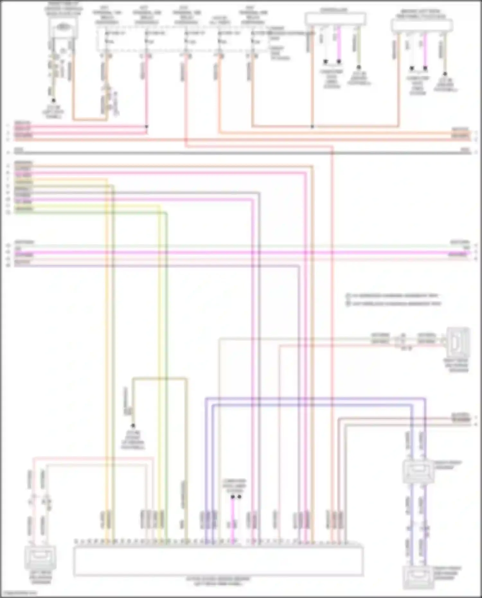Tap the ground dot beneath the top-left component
(54, 101)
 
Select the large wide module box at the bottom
(219, 561)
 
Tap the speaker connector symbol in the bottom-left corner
(40, 558)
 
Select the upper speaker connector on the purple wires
(418, 471)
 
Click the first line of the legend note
(394, 296)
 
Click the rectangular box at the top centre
(335, 19)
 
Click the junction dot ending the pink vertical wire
(147, 127)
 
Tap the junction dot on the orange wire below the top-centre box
(312, 127)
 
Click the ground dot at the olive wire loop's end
(133, 426)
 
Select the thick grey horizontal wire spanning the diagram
(241, 153)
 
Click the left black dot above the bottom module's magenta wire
(233, 497)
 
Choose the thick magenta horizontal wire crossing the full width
(241, 253)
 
